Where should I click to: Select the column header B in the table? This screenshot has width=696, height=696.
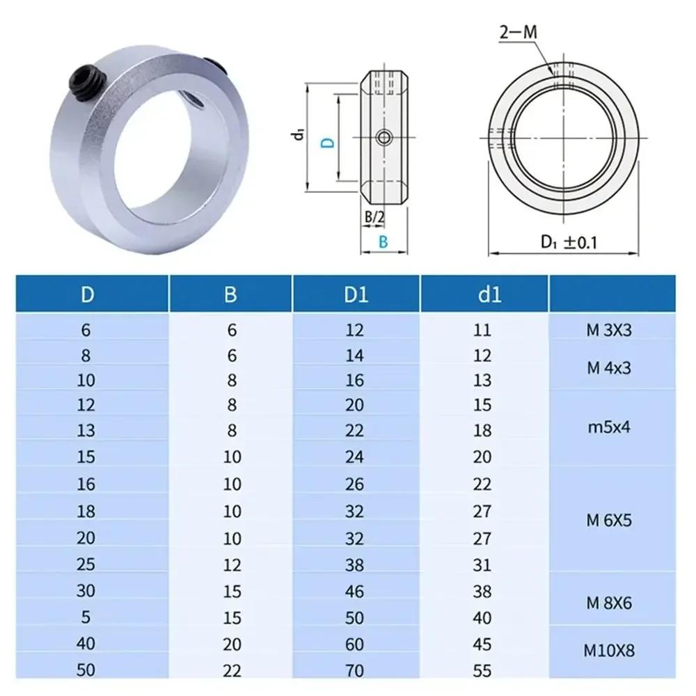(231, 294)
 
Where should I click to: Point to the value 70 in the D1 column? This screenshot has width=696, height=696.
(355, 671)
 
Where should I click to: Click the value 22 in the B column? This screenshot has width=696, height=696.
(231, 671)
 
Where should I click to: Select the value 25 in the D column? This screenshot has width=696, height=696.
(87, 564)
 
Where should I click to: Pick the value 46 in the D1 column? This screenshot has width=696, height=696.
(355, 591)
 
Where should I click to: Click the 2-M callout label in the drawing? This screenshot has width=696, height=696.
(519, 33)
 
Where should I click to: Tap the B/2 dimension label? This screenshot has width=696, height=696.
(374, 217)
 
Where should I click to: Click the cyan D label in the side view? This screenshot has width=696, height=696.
(327, 142)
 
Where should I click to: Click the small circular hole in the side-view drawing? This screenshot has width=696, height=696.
(383, 138)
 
